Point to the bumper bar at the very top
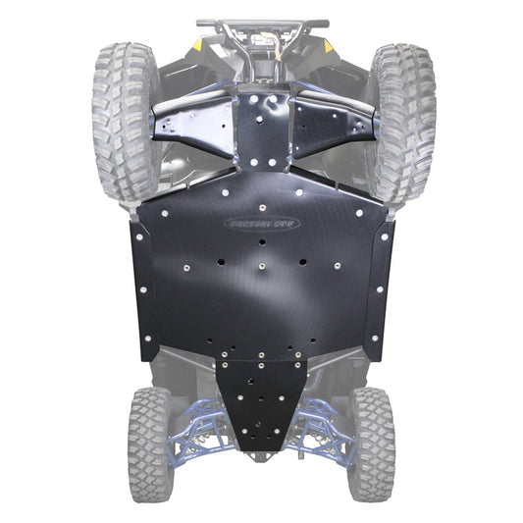[x=261, y=21]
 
